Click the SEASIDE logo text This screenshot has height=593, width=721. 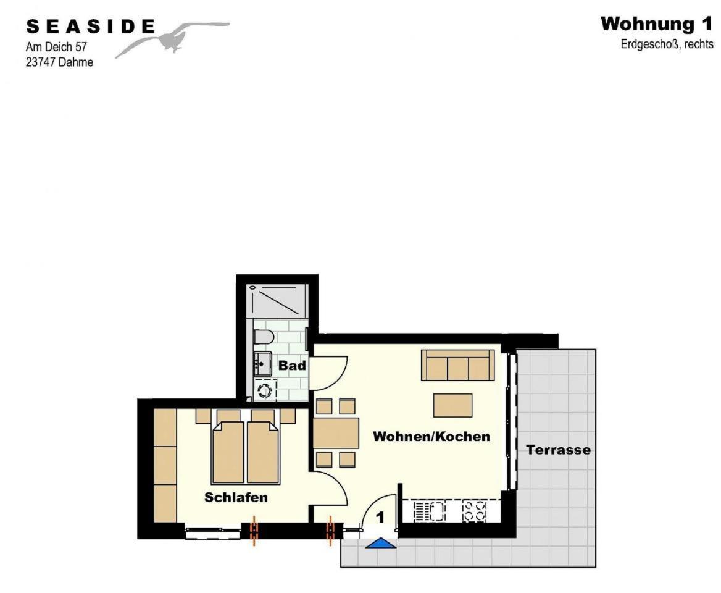[x=91, y=27]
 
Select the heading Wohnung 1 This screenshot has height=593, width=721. [x=656, y=24]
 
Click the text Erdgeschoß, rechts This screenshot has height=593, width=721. [x=667, y=44]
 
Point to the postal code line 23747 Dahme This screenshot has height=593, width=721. [x=59, y=62]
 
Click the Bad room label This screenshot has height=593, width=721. [x=292, y=366]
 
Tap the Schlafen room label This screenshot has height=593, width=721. [x=236, y=497]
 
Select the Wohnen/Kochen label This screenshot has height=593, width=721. [x=431, y=436]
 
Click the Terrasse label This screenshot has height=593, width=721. [x=558, y=450]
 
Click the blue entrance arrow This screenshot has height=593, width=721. [x=381, y=543]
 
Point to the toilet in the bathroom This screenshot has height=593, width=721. [x=264, y=337]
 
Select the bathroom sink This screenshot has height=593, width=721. [x=262, y=364]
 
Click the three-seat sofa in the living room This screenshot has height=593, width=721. [x=458, y=365]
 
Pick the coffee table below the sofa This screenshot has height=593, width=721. [x=453, y=405]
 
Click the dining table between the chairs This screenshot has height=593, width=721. [x=336, y=433]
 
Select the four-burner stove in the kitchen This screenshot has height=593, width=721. [x=475, y=511]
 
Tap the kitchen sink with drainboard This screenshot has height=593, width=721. [x=430, y=511]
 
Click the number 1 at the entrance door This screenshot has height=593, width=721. [x=380, y=518]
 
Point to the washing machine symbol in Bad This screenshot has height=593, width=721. [x=265, y=390]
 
